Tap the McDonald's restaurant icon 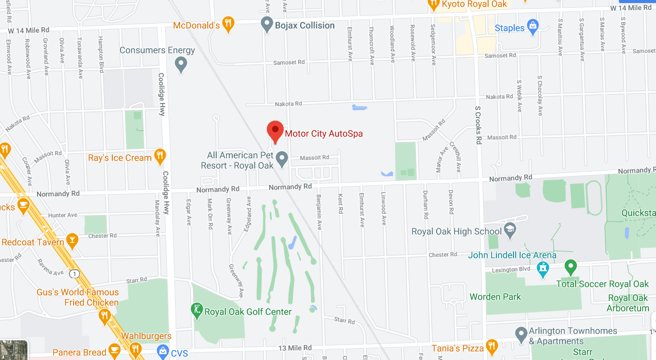[x=229, y=24]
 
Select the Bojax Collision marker [x=267, y=24]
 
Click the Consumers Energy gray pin [x=181, y=64]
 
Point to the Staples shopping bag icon [x=533, y=26]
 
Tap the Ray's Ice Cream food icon [x=160, y=156]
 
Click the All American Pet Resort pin [x=282, y=159]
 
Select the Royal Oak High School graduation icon [x=510, y=230]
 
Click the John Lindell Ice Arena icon [x=543, y=268]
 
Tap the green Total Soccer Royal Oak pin [x=570, y=267]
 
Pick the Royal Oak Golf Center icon [x=196, y=310]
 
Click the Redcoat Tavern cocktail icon [x=73, y=241]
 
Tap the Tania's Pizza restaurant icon [x=492, y=347]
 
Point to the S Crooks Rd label [x=478, y=125]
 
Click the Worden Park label [x=495, y=297]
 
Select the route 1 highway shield [x=76, y=273]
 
